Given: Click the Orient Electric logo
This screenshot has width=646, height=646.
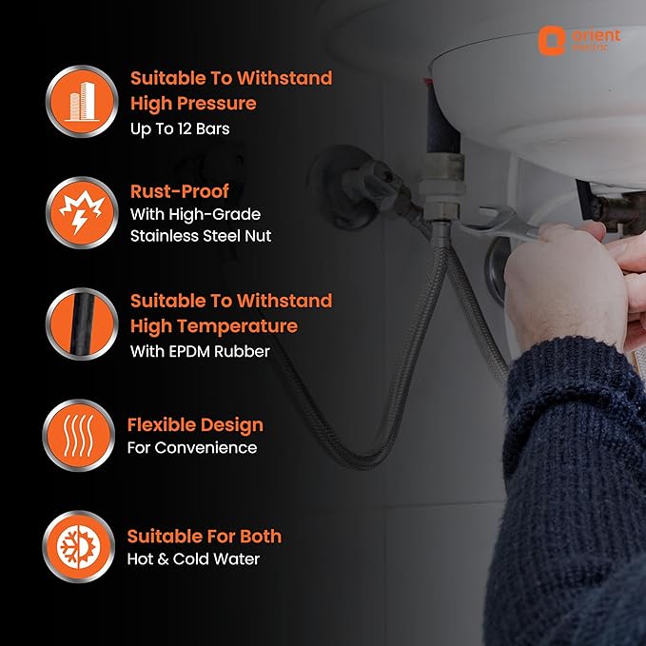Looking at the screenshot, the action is point(579,40).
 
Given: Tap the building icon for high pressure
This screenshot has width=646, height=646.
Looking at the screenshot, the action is point(82,101).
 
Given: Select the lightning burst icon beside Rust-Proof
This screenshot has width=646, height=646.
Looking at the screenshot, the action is point(82,212).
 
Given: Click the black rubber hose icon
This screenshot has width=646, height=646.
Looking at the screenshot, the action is point(82,323).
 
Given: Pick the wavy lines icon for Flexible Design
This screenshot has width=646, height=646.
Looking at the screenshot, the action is point(79,435).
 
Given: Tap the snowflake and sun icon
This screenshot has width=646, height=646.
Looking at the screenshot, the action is point(79,547).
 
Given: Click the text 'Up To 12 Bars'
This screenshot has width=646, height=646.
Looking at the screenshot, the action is point(180,129).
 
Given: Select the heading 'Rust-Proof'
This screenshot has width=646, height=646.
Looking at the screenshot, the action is point(179,191).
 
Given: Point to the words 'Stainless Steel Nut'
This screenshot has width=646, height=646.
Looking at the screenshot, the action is point(201,236).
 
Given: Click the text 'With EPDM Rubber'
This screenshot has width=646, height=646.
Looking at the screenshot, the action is point(200,351).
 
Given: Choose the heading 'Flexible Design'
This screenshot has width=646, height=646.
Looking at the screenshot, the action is point(195,425).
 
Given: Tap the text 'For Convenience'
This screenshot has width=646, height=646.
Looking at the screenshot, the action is point(192,448).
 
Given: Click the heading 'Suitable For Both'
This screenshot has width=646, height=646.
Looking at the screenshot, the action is point(205,537).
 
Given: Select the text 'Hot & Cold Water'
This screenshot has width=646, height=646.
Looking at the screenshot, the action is point(193,559).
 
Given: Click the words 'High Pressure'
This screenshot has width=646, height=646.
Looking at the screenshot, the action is point(193,104).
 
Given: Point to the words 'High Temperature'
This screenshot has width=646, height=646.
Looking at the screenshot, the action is point(214,326).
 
